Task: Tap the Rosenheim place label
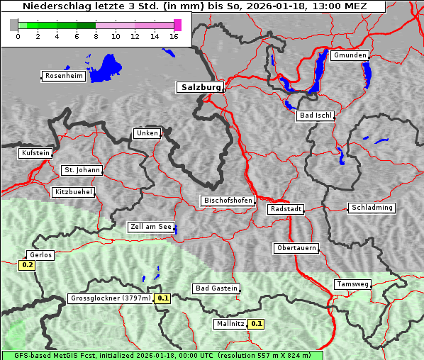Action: click(x=63, y=76)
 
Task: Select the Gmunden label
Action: click(x=350, y=55)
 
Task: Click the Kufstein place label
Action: click(x=35, y=153)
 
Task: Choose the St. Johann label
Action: click(x=82, y=170)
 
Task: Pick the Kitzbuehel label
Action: click(x=73, y=192)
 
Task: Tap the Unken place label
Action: click(x=147, y=133)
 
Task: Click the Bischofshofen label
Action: click(x=228, y=201)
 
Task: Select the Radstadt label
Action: click(x=286, y=209)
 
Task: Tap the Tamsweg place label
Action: click(x=352, y=284)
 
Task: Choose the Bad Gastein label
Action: click(x=216, y=288)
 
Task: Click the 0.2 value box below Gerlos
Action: click(x=28, y=265)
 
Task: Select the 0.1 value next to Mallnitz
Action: click(x=257, y=324)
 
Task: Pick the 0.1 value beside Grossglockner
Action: click(x=163, y=298)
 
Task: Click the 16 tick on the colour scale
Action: click(x=174, y=35)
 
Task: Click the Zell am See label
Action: click(x=151, y=227)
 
